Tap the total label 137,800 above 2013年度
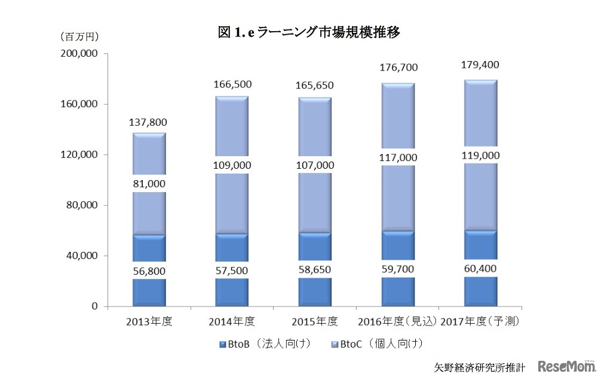(148, 122)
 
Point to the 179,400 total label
(481, 65)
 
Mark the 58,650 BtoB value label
(315, 270)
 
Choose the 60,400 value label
(481, 268)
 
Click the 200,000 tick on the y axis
(79, 54)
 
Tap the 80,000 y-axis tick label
(82, 205)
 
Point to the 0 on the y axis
(94, 306)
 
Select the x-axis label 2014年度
(232, 322)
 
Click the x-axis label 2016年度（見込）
(397, 322)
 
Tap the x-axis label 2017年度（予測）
(481, 322)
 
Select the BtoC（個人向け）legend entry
(376, 344)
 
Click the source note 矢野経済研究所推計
(480, 366)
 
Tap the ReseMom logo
(566, 366)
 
